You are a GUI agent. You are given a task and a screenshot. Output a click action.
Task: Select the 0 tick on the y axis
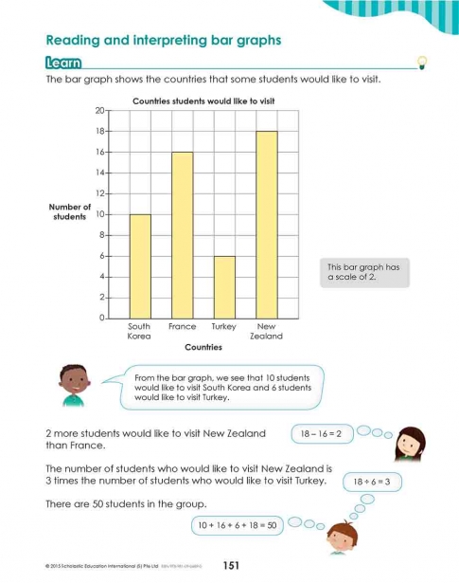(101, 318)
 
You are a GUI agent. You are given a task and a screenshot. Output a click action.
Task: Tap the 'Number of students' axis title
(70, 211)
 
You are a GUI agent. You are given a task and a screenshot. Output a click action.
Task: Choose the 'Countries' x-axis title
(203, 347)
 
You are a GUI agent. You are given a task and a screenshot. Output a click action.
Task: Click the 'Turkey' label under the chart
(224, 326)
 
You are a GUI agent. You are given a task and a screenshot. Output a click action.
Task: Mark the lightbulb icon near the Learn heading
(423, 63)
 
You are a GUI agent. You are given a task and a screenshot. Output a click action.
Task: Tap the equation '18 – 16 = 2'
(326, 433)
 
